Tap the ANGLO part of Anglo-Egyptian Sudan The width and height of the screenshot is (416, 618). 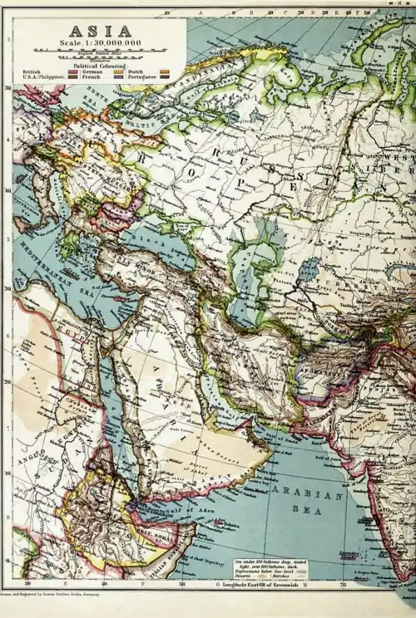(32, 456)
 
